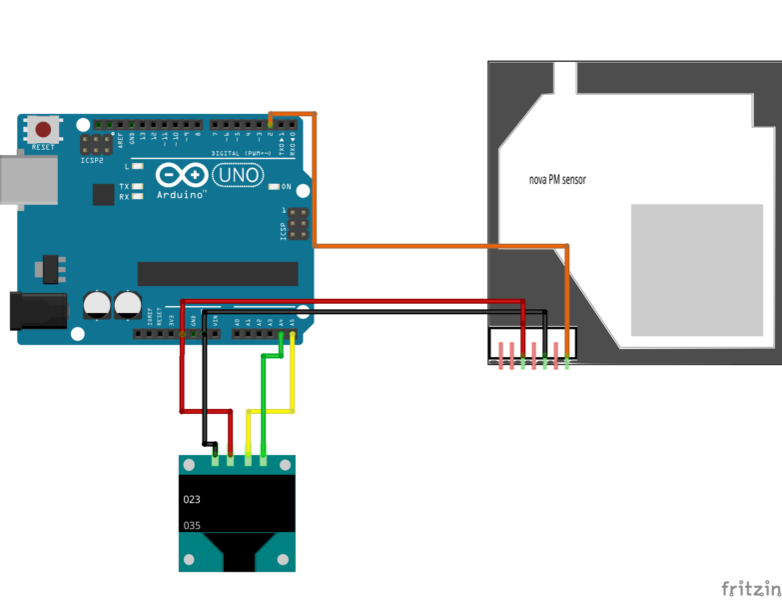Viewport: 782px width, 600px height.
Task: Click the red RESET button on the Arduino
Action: (x=44, y=129)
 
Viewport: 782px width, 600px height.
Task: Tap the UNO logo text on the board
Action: (x=239, y=176)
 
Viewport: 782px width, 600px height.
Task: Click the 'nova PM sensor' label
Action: (x=557, y=181)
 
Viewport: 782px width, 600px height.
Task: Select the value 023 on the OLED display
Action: (x=193, y=498)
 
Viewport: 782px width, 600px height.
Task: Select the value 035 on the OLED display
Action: (x=193, y=524)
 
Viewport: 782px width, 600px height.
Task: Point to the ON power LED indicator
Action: (x=273, y=187)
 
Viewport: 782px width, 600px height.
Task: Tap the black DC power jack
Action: (x=35, y=310)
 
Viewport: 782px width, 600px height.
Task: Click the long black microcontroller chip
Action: (x=218, y=273)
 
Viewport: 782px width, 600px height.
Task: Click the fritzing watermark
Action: (x=750, y=587)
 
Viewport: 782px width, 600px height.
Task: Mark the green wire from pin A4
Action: (x=263, y=400)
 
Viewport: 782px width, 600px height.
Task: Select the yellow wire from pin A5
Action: (x=292, y=380)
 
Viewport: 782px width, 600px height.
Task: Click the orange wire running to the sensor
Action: (x=439, y=245)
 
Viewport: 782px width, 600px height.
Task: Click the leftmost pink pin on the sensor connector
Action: (x=500, y=356)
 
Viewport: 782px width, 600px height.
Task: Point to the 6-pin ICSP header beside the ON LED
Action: (x=295, y=224)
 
